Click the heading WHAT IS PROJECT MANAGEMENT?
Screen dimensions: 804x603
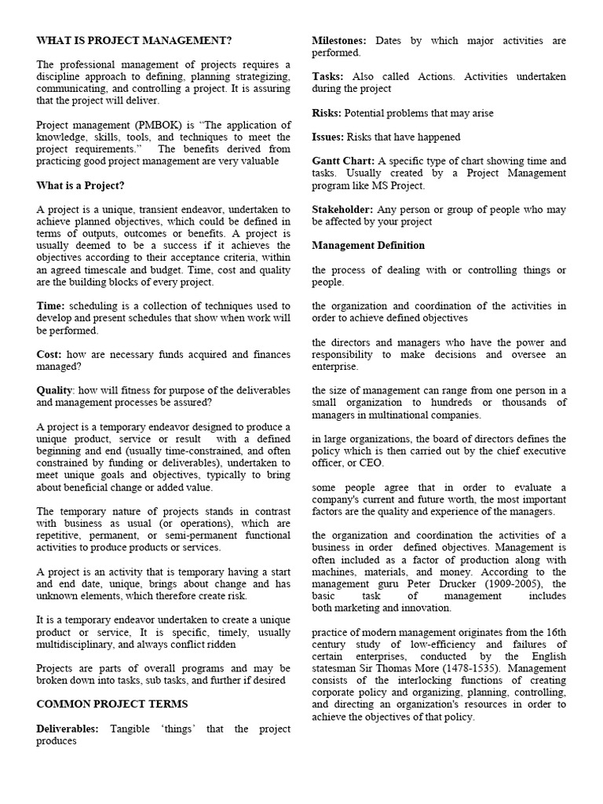pyautogui.click(x=134, y=41)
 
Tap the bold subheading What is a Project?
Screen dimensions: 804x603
pyautogui.click(x=80, y=186)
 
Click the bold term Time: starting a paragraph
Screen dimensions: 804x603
pyautogui.click(x=51, y=306)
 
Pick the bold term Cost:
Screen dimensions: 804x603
pyautogui.click(x=49, y=354)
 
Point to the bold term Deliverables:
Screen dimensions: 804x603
pyautogui.click(x=68, y=729)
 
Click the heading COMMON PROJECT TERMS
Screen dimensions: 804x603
pyautogui.click(x=112, y=704)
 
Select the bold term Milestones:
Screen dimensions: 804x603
pyautogui.click(x=340, y=41)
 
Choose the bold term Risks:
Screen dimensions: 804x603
pyautogui.click(x=327, y=113)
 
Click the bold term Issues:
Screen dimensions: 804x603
pyautogui.click(x=328, y=137)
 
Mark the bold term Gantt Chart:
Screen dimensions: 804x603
pyautogui.click(x=343, y=161)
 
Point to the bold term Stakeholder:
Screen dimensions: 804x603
pyautogui.click(x=342, y=210)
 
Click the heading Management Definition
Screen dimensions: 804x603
pyautogui.click(x=368, y=246)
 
